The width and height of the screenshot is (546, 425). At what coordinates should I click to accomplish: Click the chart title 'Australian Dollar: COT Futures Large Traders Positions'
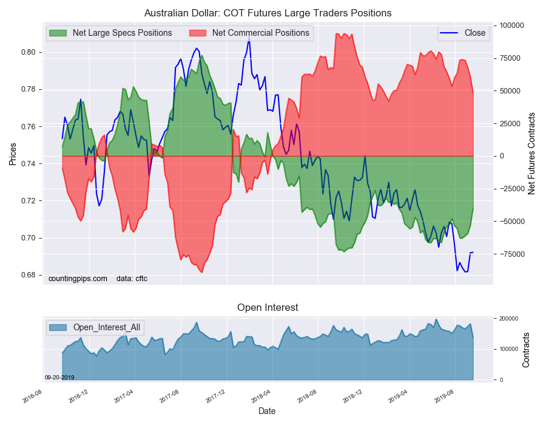click(x=268, y=13)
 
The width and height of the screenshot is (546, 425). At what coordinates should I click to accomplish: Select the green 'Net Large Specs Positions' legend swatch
click(x=58, y=33)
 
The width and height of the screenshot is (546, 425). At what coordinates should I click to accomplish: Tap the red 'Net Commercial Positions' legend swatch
click(x=197, y=33)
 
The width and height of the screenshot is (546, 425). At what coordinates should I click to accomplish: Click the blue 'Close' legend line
click(x=449, y=33)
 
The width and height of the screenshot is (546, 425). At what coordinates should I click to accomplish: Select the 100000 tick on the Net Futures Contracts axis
click(x=512, y=25)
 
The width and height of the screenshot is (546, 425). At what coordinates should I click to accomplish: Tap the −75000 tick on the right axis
click(x=510, y=254)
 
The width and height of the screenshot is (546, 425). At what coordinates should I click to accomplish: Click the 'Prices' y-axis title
click(x=13, y=154)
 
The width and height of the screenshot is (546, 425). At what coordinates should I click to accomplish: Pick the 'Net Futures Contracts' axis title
click(x=531, y=154)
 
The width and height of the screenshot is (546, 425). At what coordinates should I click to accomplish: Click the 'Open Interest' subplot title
click(x=268, y=308)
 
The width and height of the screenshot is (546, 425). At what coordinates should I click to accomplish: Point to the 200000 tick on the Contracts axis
click(x=509, y=319)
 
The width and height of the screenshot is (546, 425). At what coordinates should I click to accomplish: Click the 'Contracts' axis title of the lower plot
click(x=526, y=350)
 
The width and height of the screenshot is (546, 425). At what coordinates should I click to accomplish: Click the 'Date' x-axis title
click(x=267, y=412)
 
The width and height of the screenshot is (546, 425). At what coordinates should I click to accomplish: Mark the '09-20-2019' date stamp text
click(x=59, y=378)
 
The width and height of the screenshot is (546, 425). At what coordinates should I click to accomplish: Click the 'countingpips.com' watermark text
click(x=78, y=279)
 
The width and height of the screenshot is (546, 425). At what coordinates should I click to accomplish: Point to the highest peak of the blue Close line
click(x=249, y=37)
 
